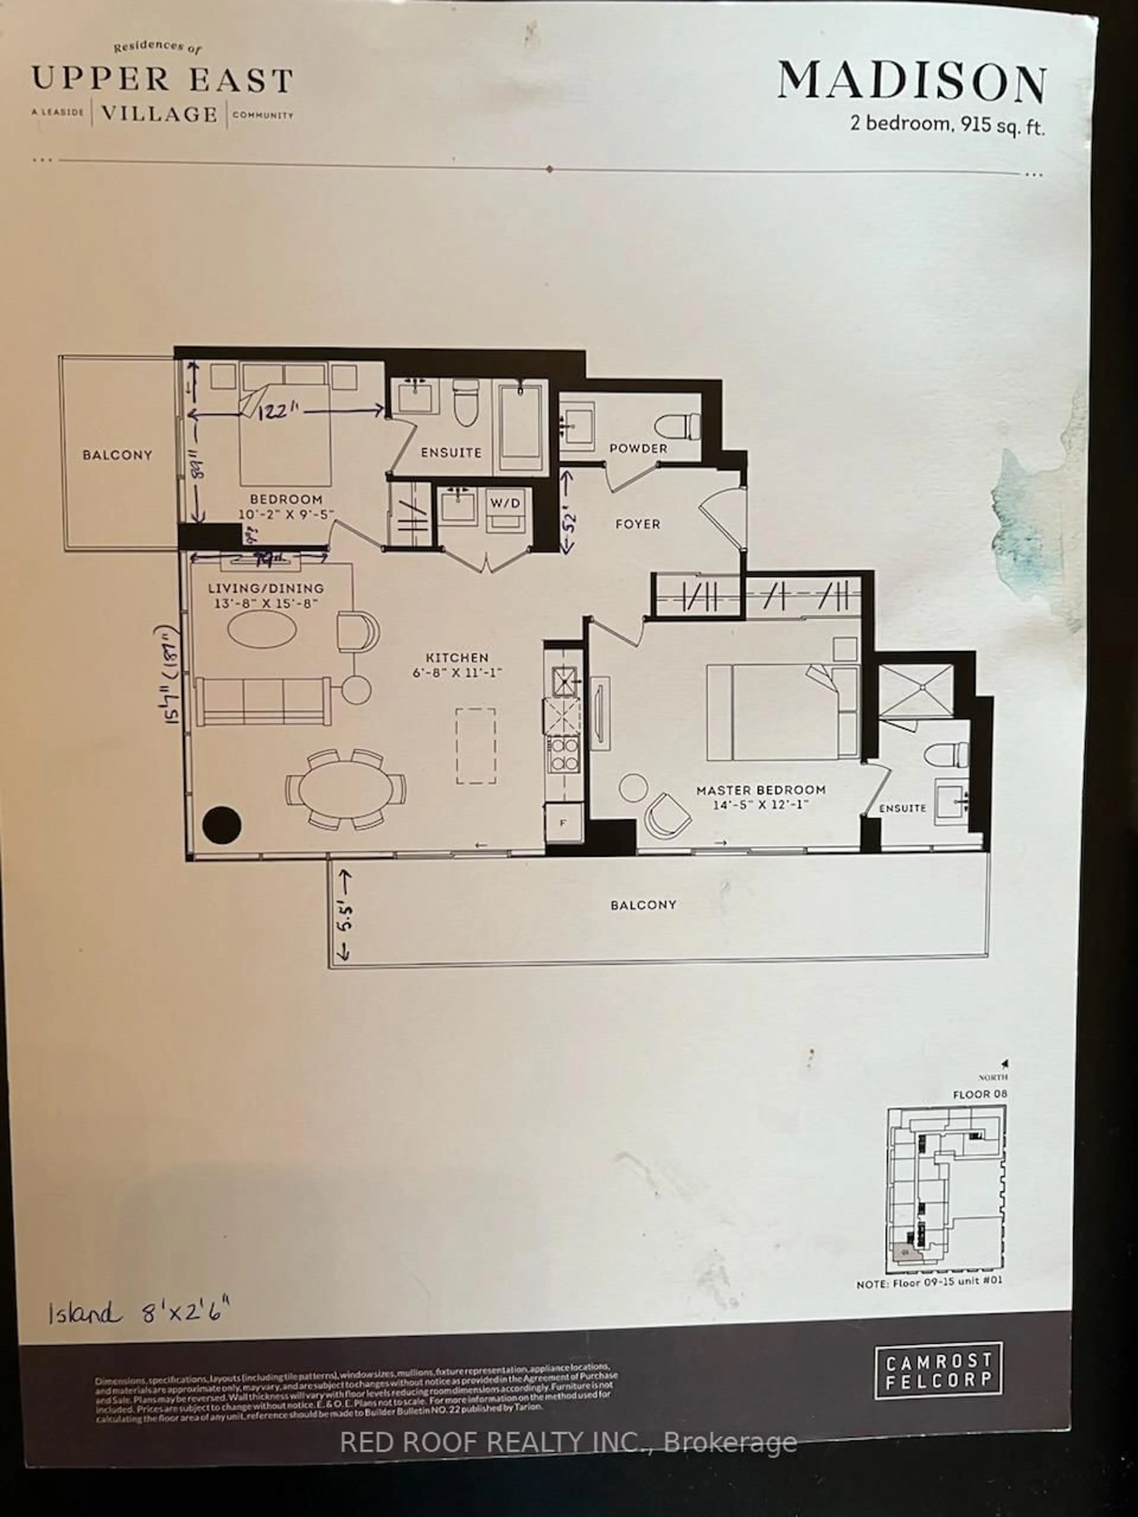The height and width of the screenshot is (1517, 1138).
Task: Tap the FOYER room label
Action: (x=637, y=524)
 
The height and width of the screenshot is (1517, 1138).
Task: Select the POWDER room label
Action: (x=638, y=449)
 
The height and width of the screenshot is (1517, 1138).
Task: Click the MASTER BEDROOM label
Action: (x=761, y=790)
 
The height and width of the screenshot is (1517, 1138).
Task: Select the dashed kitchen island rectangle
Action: (x=476, y=746)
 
